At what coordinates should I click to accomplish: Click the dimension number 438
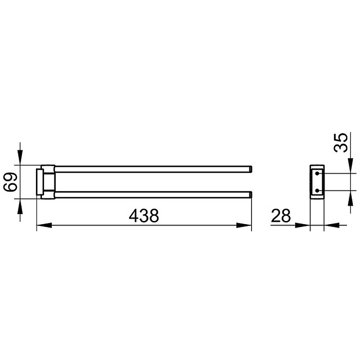tap(144, 216)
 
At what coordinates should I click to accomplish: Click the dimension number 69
tap(10, 183)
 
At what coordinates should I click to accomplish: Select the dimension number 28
tap(281, 216)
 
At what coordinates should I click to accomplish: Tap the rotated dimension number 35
tap(341, 142)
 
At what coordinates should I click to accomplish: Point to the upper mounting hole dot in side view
tap(317, 174)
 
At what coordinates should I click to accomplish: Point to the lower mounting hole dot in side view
tap(317, 190)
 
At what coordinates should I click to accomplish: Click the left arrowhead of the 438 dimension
tap(44, 225)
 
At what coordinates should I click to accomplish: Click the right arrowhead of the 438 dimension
tap(244, 225)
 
